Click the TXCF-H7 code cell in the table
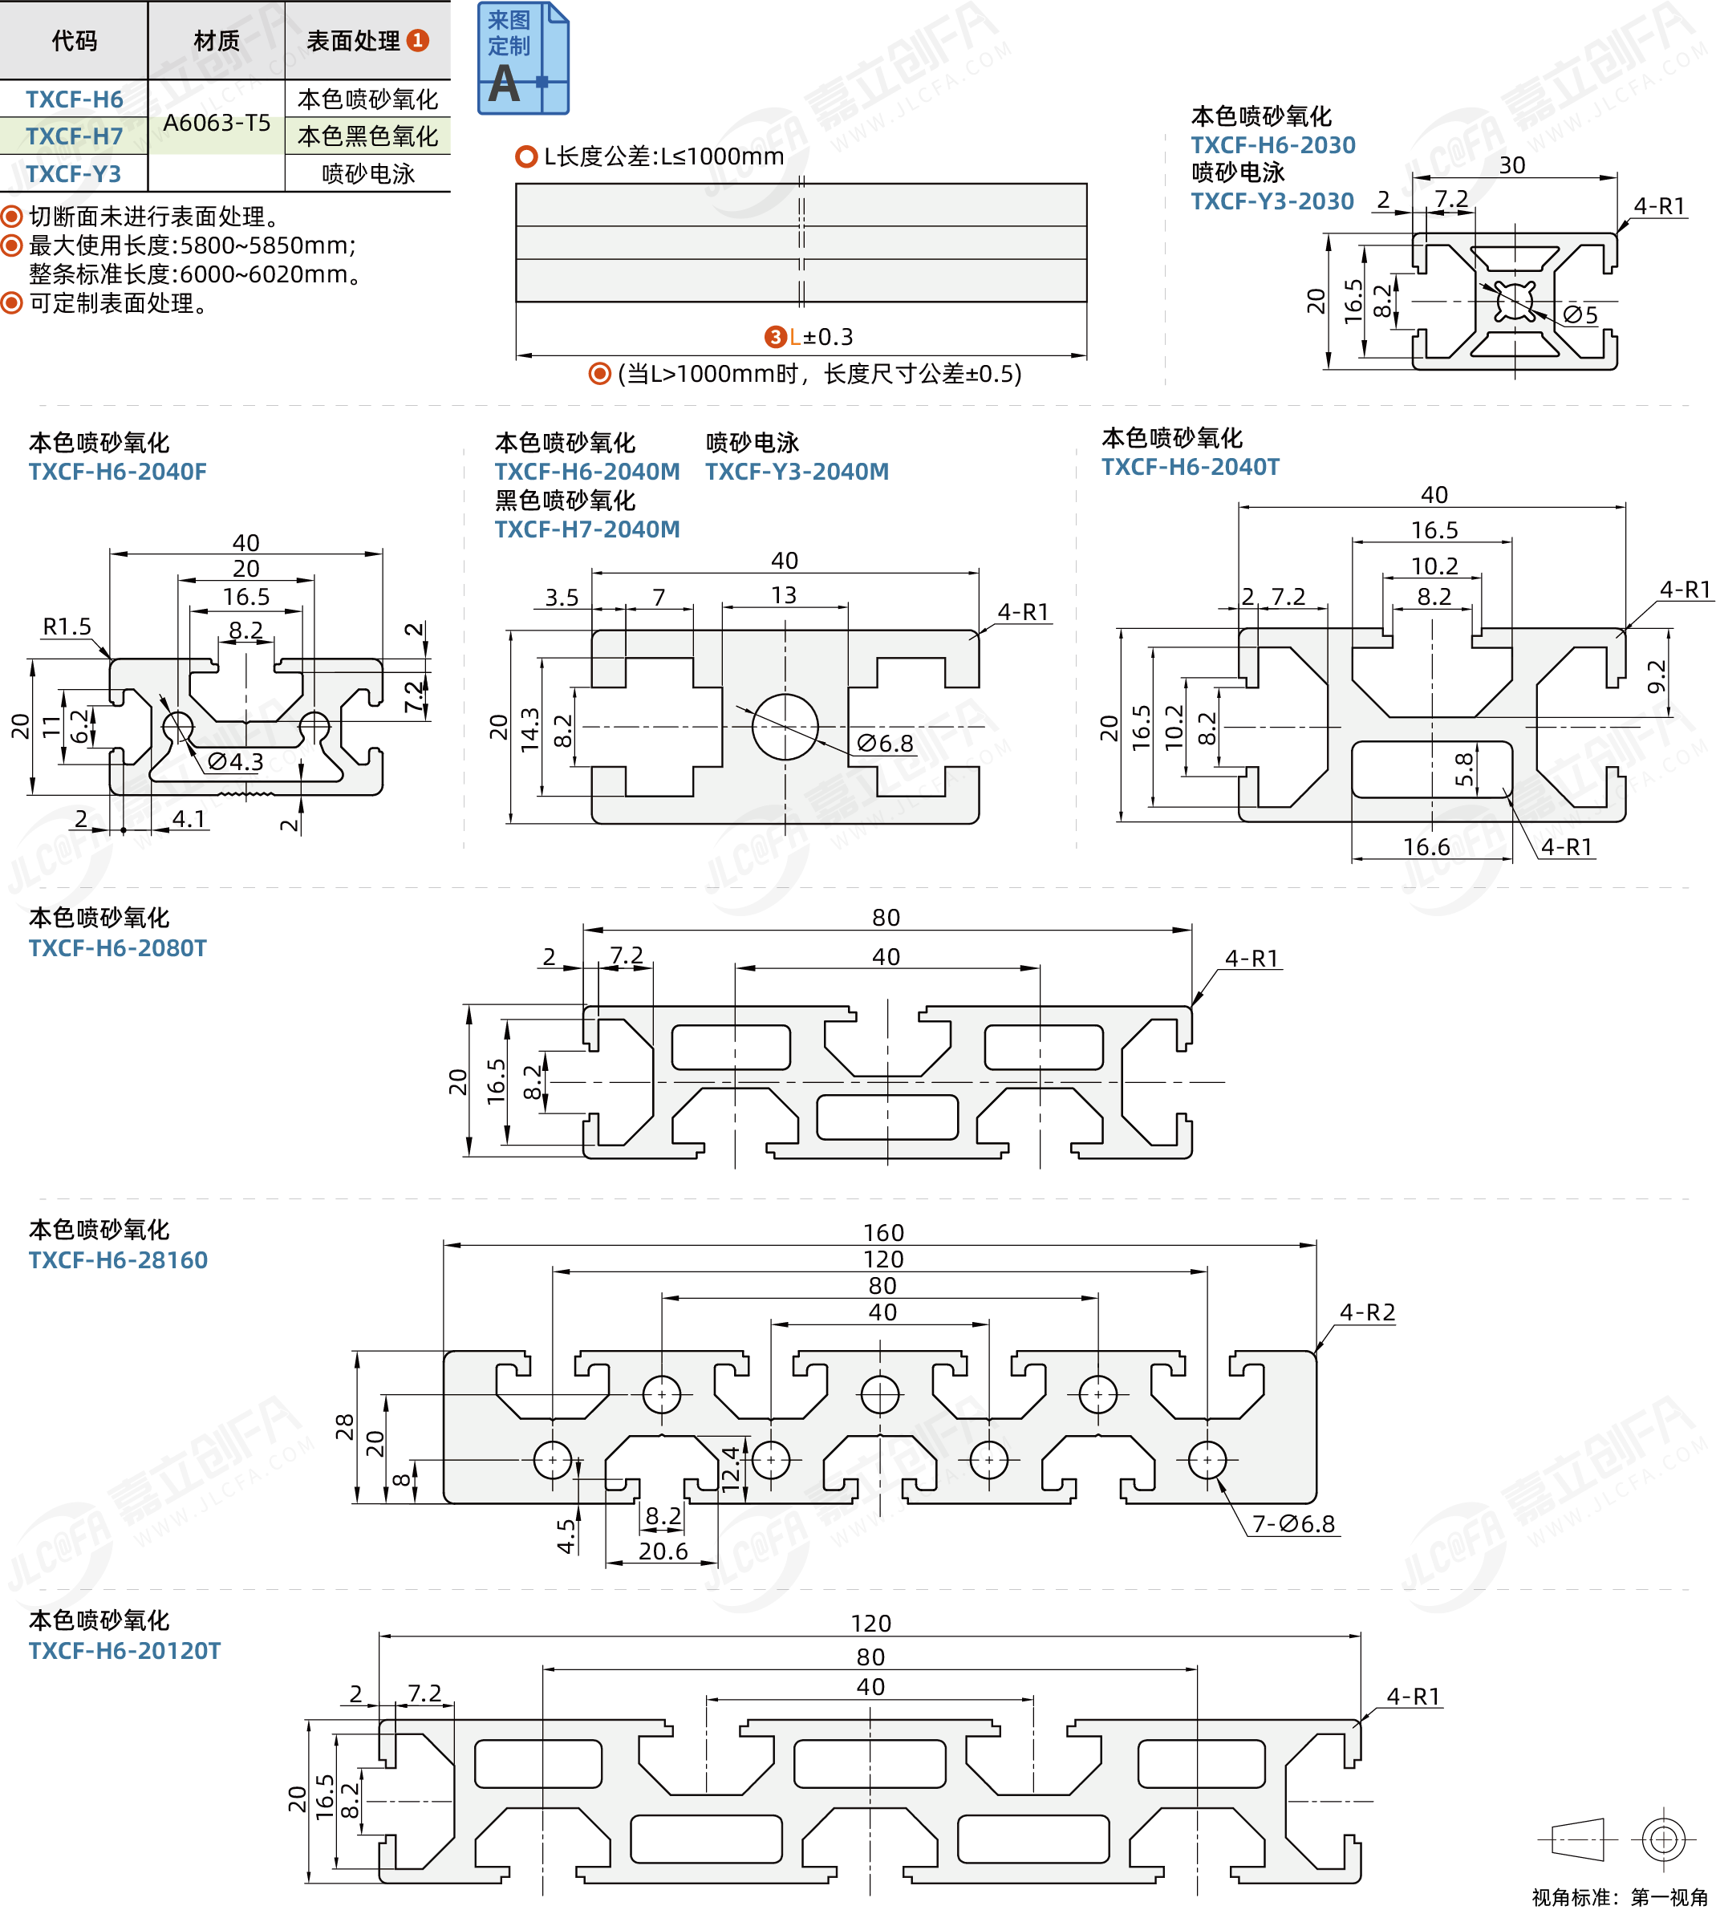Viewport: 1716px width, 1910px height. (x=74, y=136)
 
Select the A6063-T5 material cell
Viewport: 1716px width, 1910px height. (x=216, y=123)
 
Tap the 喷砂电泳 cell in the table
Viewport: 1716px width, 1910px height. (x=367, y=174)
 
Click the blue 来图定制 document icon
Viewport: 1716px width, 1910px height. (x=522, y=59)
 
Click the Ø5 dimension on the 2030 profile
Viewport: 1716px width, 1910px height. (x=1581, y=315)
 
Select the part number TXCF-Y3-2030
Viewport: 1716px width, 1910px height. (x=1272, y=201)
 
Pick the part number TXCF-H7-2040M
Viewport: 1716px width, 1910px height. (x=586, y=529)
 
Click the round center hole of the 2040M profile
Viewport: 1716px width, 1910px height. (x=785, y=727)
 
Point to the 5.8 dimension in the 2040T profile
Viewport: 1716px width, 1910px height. (x=1464, y=769)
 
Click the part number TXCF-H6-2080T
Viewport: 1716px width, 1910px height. (x=117, y=948)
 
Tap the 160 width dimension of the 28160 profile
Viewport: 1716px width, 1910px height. (x=883, y=1233)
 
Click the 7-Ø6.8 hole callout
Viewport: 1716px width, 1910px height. (x=1292, y=1523)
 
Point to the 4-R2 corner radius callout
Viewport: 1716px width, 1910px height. (x=1366, y=1312)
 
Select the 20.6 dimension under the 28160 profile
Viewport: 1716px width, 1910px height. (x=663, y=1551)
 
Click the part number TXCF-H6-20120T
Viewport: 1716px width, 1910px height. (x=124, y=1651)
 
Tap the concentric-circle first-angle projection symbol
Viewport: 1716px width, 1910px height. (x=1663, y=1839)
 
